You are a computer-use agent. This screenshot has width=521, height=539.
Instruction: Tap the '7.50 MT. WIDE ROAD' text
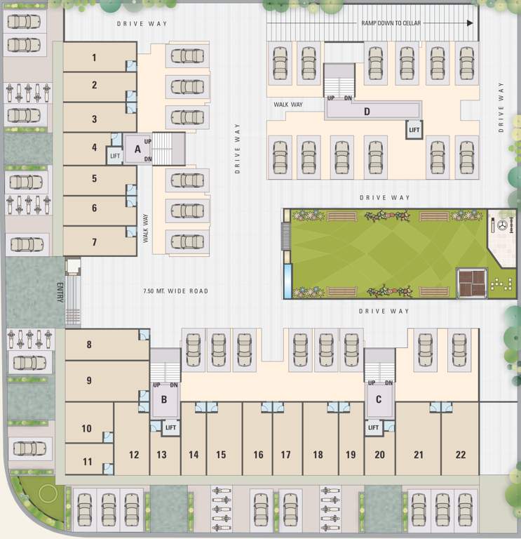point(176,291)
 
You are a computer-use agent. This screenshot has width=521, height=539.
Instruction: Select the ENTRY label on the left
point(60,292)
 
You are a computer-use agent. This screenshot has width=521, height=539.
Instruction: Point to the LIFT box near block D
point(414,130)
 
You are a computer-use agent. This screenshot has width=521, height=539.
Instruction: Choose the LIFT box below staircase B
point(170,427)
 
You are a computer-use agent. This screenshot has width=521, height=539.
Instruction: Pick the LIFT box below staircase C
point(373,427)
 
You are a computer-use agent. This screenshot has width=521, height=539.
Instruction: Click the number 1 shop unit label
point(94,58)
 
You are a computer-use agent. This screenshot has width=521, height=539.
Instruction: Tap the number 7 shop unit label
point(94,242)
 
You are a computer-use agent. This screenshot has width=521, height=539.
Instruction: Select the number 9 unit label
point(89,381)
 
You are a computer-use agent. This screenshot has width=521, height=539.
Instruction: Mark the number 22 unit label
point(460,455)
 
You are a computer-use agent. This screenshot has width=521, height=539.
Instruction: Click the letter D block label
point(366,111)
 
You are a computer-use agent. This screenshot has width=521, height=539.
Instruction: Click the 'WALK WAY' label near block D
point(287,105)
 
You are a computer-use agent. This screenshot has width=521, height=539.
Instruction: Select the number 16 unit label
point(258,455)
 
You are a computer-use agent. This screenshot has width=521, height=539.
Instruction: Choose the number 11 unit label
point(87,462)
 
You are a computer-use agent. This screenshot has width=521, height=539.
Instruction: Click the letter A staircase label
point(138,149)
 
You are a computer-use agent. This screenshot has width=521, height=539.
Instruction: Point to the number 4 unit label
point(94,148)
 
